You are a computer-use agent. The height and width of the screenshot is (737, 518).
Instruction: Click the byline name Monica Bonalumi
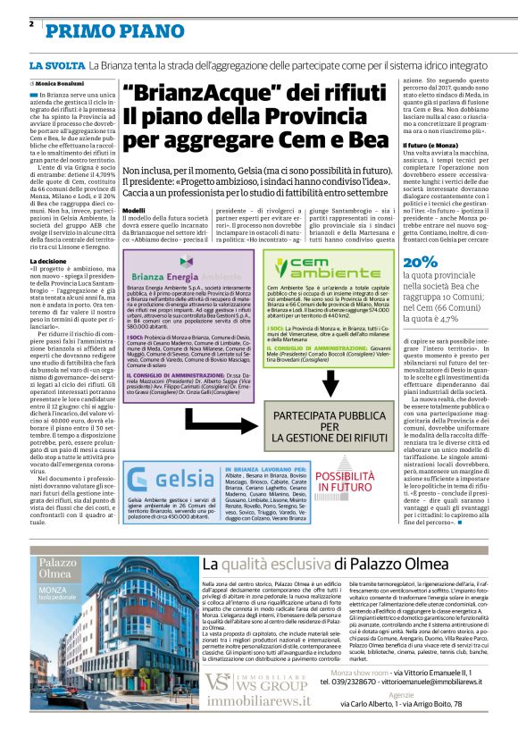pyautogui.click(x=64, y=83)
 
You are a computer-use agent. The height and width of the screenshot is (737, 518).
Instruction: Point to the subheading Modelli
pyautogui.click(x=134, y=210)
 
